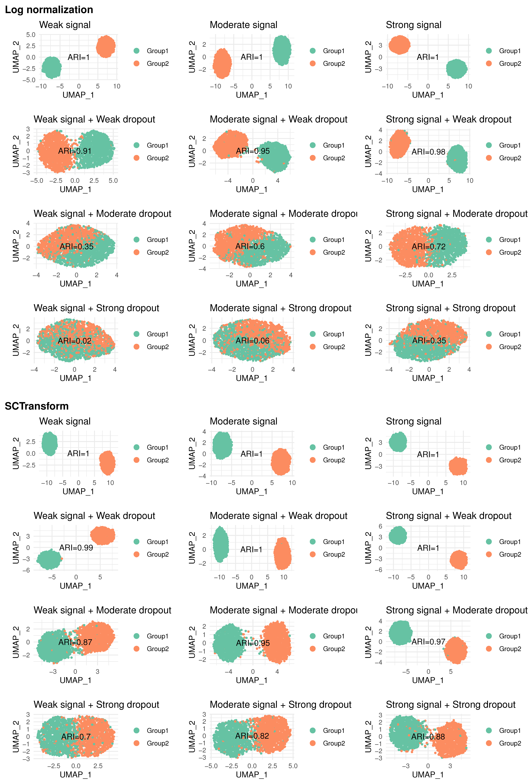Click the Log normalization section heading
coord(49,10)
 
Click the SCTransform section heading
coord(37,406)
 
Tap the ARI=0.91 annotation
coord(75,151)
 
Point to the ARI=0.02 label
coord(74,341)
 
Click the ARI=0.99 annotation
coord(76,548)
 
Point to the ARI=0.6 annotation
coord(250,247)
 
